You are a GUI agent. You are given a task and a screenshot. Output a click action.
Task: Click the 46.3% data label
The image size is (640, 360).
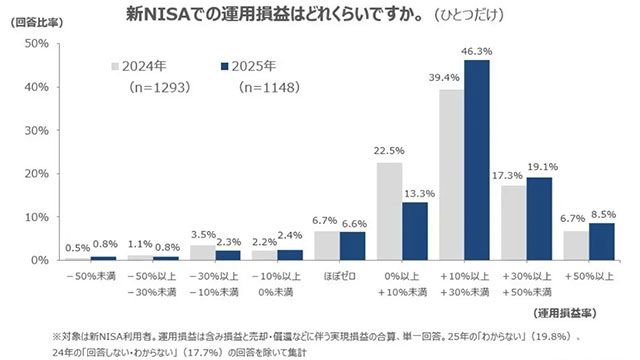point(476,50)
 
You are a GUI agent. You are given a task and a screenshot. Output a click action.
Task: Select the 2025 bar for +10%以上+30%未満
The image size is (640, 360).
point(477,160)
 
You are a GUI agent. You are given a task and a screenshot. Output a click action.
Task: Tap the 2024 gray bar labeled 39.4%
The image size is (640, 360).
point(452,175)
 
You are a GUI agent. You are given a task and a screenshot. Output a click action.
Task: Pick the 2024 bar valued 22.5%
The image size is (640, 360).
point(389,211)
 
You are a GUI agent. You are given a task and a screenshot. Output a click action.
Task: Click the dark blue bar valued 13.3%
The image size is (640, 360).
point(415,231)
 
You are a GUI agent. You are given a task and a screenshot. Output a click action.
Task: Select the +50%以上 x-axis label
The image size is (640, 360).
point(588,271)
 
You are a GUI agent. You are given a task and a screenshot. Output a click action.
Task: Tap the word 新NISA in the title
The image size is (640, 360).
point(153,17)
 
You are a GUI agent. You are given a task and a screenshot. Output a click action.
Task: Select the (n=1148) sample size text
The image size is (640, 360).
point(269,88)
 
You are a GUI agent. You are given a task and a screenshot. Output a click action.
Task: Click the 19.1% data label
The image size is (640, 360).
point(540,167)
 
